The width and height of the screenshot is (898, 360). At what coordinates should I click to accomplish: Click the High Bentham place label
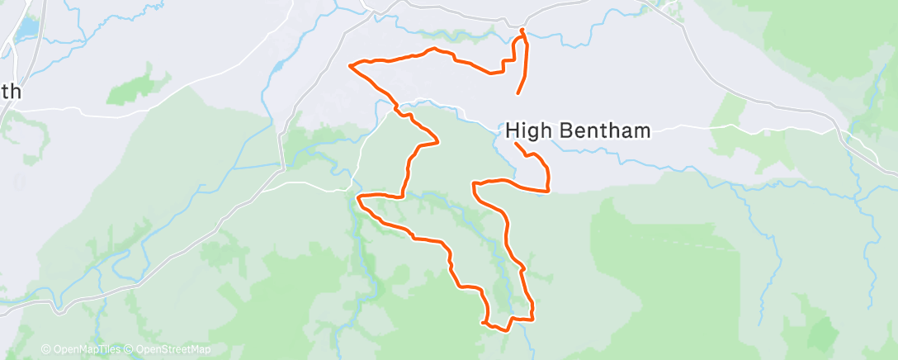578,130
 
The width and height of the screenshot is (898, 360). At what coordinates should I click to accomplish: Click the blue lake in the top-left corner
27,29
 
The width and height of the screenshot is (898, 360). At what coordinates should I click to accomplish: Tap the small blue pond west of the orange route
280,64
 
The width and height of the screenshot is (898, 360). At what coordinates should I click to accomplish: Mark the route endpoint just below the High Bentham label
517,144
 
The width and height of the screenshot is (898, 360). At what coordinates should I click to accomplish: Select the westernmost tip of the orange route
351,64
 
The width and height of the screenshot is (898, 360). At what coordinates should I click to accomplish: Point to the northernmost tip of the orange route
522,30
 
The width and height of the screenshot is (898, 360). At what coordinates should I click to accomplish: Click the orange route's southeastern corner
533,318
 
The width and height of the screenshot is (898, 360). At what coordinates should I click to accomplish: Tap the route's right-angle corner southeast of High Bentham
548,191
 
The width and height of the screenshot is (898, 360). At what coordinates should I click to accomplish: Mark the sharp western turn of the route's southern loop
358,198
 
